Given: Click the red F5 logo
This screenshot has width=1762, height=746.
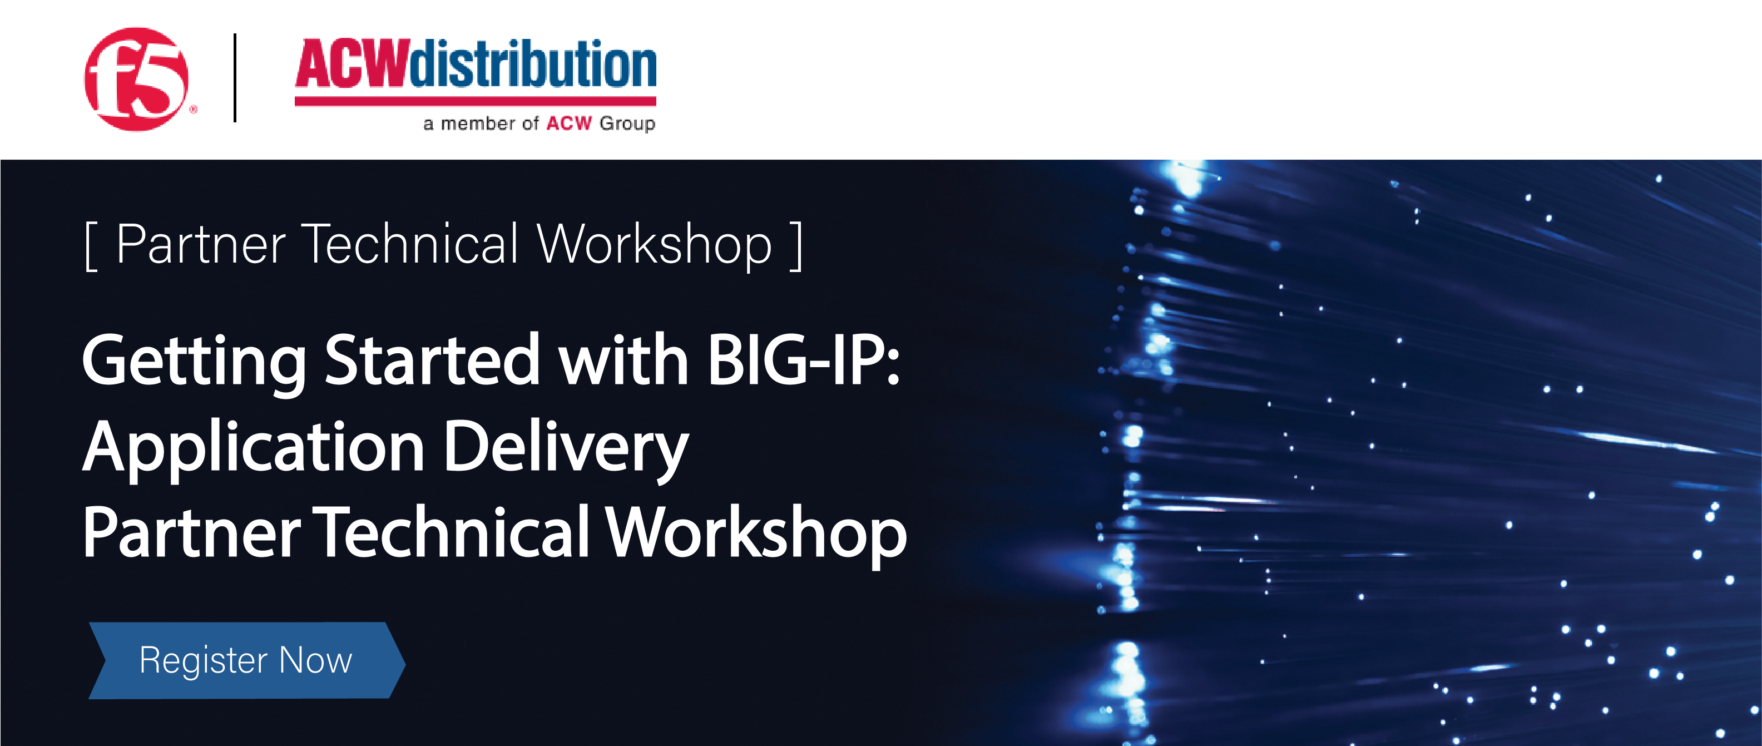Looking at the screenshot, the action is click(x=136, y=78).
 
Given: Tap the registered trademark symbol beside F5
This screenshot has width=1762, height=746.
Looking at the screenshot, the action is click(x=194, y=109).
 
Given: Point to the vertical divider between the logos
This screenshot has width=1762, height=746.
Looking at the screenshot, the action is click(x=235, y=77).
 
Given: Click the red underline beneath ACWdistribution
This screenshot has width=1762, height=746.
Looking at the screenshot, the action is click(x=476, y=101).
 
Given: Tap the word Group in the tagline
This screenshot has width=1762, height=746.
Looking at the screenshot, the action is click(x=627, y=124).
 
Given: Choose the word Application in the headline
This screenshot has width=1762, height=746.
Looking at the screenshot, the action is click(x=254, y=449).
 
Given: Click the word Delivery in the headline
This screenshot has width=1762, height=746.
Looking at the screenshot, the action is click(x=566, y=449).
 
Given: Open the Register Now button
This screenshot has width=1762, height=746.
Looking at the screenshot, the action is click(x=247, y=660).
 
